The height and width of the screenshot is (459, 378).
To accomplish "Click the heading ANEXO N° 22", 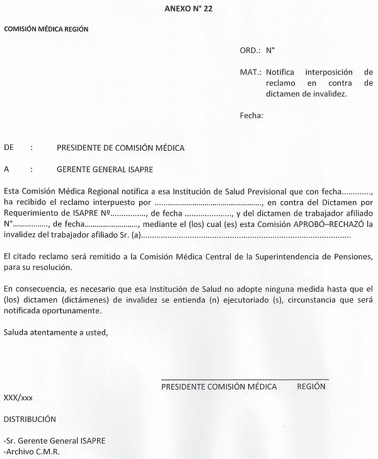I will pyautogui.click(x=188, y=8).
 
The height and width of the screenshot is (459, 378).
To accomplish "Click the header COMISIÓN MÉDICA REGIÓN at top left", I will pyautogui.click(x=46, y=29).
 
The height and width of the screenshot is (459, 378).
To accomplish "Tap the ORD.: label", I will pyautogui.click(x=250, y=49).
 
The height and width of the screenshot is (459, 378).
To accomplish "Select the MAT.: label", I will pyautogui.click(x=251, y=72).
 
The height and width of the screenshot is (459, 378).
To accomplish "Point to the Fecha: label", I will pyautogui.click(x=251, y=115).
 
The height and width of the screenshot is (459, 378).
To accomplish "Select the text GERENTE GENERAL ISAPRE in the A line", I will pyautogui.click(x=104, y=169).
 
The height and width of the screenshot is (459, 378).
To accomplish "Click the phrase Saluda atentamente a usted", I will pyautogui.click(x=55, y=332).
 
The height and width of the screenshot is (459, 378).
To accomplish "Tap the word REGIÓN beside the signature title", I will pyautogui.click(x=311, y=386).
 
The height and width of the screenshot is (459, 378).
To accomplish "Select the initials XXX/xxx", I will pyautogui.click(x=18, y=398).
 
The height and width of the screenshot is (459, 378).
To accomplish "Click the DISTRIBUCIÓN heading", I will pyautogui.click(x=30, y=419).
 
